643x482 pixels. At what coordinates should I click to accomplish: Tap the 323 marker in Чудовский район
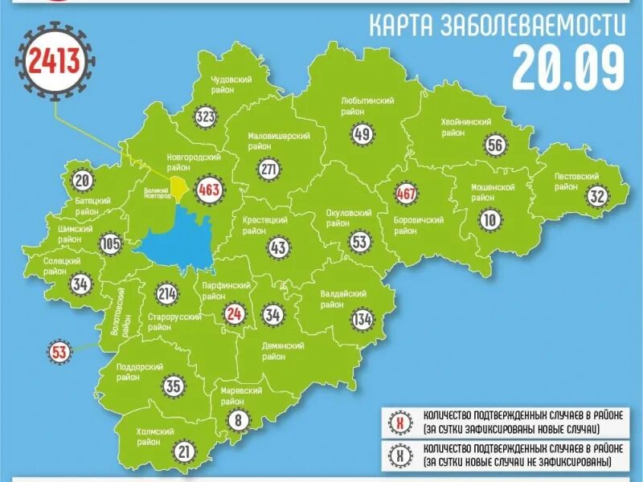pyautogui.click(x=206, y=118)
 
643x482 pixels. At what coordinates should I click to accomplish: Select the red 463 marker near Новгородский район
pyautogui.click(x=209, y=191)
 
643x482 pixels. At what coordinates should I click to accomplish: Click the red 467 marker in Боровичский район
pyautogui.click(x=406, y=194)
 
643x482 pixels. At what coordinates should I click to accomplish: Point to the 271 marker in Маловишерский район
pyautogui.click(x=269, y=170)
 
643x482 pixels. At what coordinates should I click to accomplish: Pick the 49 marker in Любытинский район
pyautogui.click(x=362, y=134)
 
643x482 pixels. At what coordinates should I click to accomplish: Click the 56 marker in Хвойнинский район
pyautogui.click(x=495, y=145)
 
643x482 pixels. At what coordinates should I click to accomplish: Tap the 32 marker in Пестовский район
pyautogui.click(x=596, y=196)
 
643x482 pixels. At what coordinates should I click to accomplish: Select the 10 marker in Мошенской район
pyautogui.click(x=489, y=219)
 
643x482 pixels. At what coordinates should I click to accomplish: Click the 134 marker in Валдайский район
pyautogui.click(x=362, y=320)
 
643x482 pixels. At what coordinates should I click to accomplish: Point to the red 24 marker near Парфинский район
pyautogui.click(x=235, y=314)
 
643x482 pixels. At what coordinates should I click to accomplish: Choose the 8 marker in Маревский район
pyautogui.click(x=236, y=419)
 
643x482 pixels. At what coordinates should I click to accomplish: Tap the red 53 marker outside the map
pyautogui.click(x=59, y=351)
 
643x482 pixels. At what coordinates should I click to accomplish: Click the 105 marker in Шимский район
pyautogui.click(x=111, y=243)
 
